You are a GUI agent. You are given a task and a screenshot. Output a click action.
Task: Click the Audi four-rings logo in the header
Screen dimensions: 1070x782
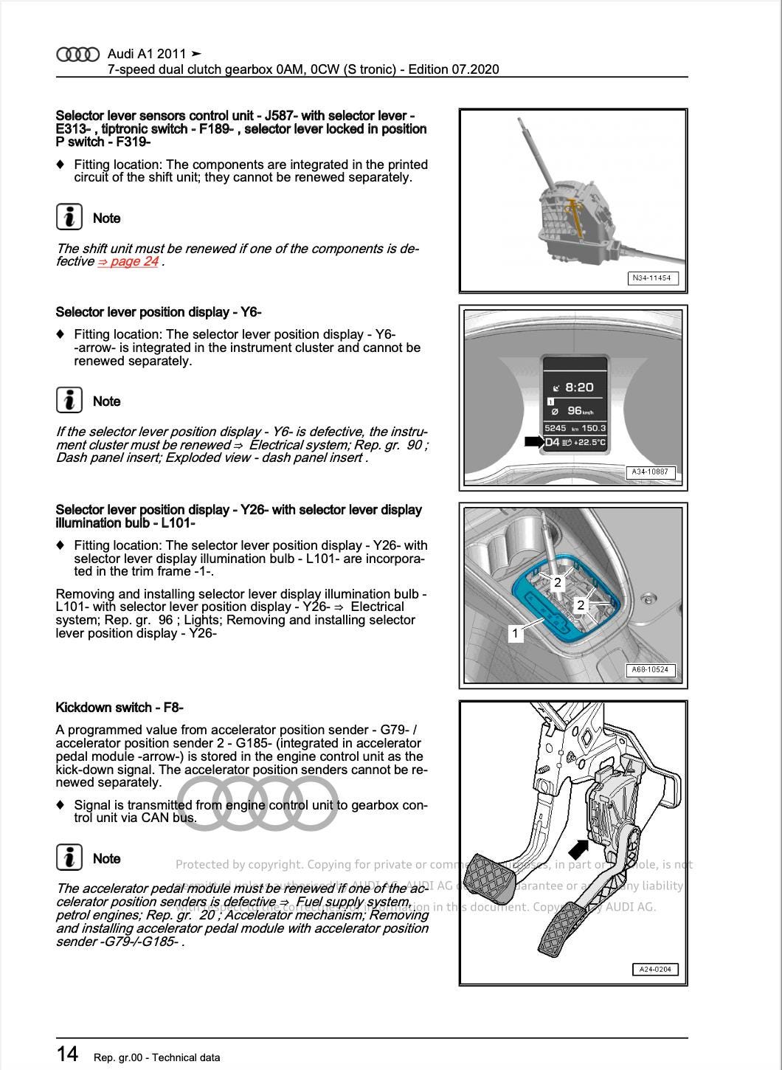tap(77, 54)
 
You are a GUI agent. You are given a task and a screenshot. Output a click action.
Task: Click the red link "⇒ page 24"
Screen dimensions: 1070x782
tap(128, 261)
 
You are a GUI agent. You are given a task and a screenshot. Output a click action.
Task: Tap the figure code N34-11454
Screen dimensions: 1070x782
tap(652, 278)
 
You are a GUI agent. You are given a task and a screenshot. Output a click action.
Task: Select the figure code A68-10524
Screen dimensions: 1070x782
tap(650, 670)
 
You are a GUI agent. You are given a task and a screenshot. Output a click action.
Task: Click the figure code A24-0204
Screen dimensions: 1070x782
tap(654, 969)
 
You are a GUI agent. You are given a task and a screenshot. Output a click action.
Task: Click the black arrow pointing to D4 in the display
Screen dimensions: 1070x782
tap(533, 441)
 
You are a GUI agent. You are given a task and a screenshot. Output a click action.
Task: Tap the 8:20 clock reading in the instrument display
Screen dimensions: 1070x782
tap(578, 387)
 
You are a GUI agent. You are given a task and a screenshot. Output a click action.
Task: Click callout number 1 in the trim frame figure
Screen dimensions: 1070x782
tap(516, 632)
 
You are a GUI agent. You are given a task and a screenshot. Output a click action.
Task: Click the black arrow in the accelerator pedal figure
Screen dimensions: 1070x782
tap(578, 848)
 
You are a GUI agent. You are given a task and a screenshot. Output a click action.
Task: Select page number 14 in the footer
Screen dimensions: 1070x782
tap(67, 1053)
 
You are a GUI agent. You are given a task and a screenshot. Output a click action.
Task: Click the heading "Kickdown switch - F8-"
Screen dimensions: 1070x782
tap(120, 708)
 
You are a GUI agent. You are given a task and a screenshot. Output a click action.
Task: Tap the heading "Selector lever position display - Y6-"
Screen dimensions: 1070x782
tap(159, 312)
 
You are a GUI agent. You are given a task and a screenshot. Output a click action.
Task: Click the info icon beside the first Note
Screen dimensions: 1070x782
tap(69, 217)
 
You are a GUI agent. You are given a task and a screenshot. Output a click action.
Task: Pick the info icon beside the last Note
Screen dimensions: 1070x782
tap(69, 857)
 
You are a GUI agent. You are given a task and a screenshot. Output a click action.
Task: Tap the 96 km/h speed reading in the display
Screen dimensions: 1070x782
tap(579, 411)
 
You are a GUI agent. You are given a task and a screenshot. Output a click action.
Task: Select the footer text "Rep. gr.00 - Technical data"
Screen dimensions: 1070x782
tap(156, 1057)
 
